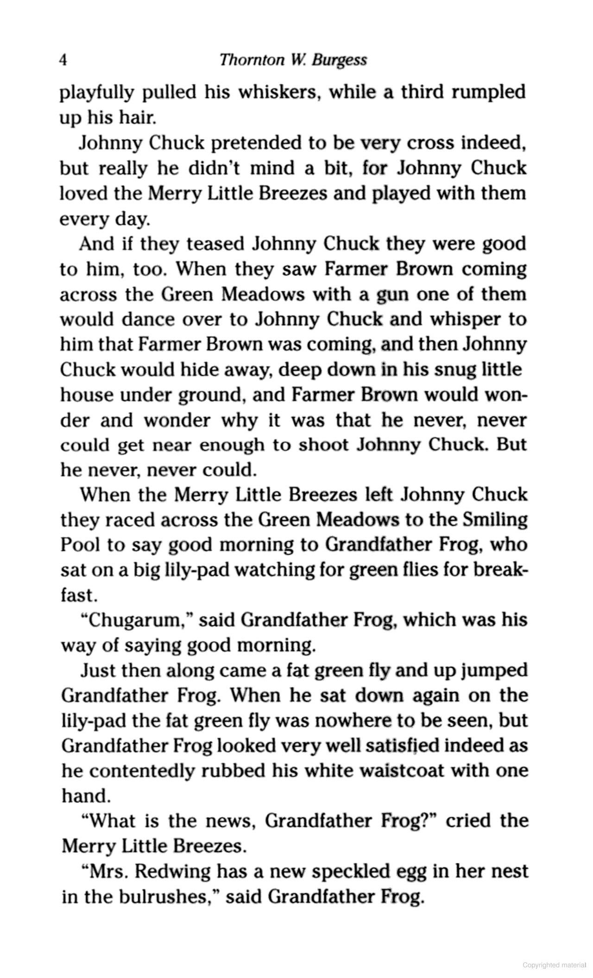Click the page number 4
[64, 61]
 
